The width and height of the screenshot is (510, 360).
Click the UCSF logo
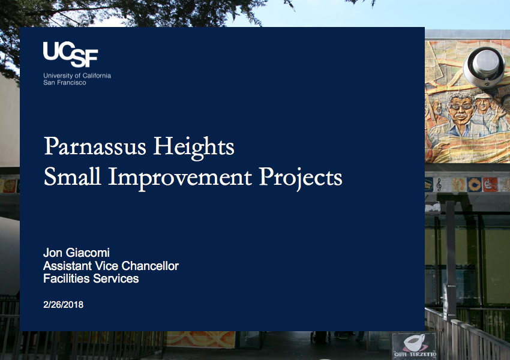click(70, 55)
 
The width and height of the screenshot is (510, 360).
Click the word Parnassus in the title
click(95, 146)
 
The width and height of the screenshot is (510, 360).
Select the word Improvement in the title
click(180, 178)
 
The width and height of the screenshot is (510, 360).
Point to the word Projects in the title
click(301, 178)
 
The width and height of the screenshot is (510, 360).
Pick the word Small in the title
click(72, 176)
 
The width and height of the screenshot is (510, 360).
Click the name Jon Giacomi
click(76, 253)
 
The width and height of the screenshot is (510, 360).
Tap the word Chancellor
click(150, 266)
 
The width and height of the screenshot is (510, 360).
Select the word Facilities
click(67, 278)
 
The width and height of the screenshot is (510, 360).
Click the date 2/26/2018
click(64, 305)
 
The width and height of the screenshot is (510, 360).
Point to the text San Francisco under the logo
click(65, 83)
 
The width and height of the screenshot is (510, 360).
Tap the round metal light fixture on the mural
click(484, 67)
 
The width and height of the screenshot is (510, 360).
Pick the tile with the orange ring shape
click(474, 184)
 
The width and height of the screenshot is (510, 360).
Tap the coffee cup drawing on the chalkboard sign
click(414, 343)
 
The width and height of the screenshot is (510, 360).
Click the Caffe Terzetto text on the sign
click(415, 354)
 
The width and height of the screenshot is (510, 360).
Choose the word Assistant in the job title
click(67, 266)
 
